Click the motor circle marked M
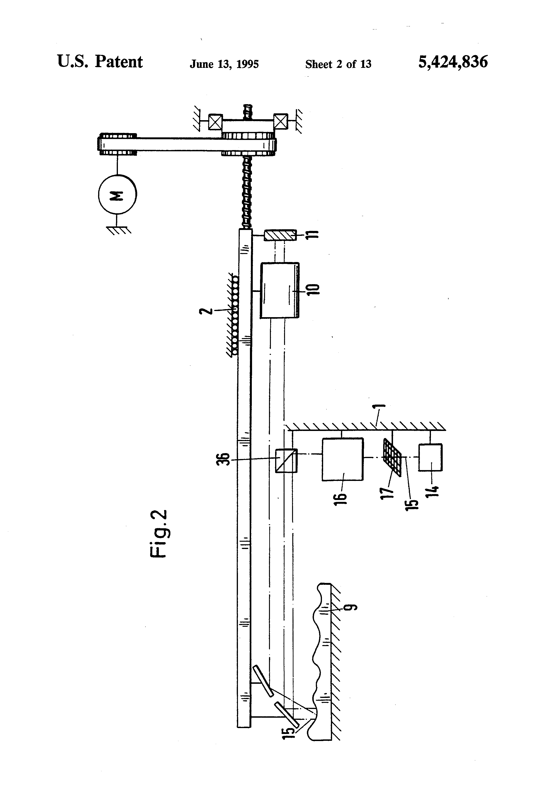117,194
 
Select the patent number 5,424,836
453,62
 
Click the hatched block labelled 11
280,235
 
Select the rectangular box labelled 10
280,290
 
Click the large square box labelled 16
343,459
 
